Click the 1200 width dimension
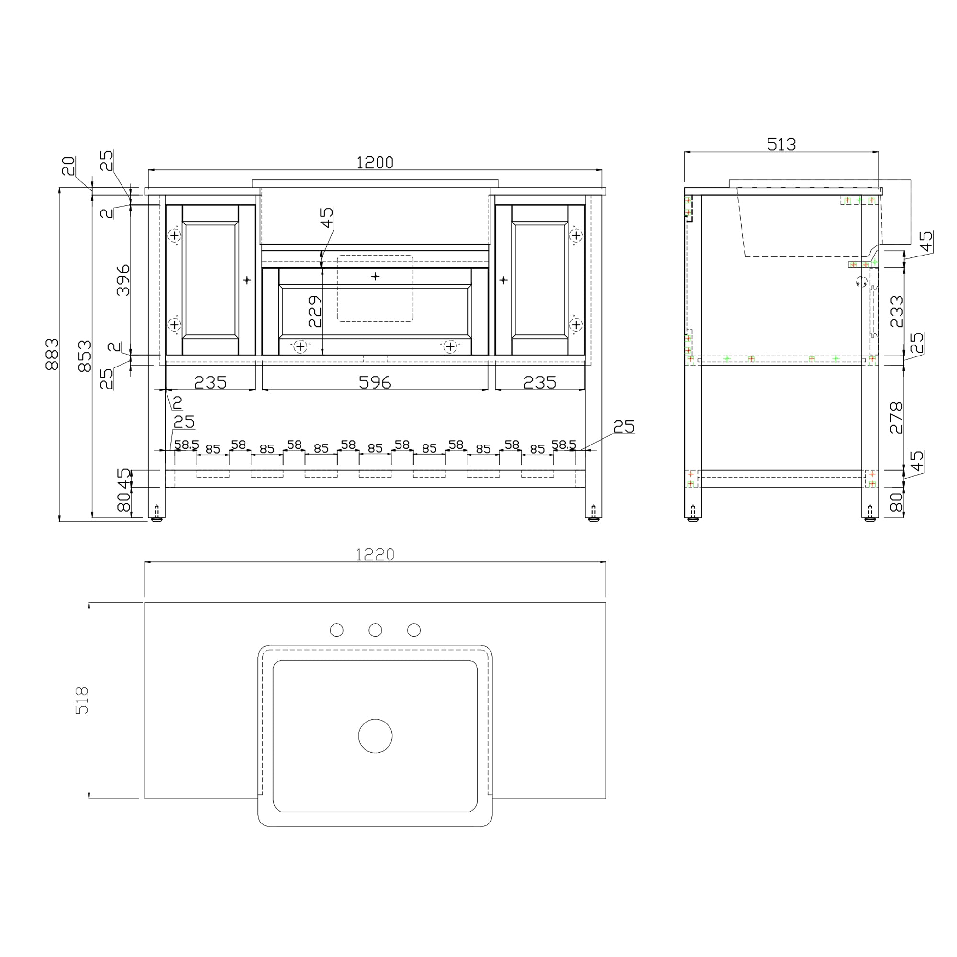click(375, 163)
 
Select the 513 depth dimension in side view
click(781, 144)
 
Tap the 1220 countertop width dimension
click(375, 555)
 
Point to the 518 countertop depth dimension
click(82, 700)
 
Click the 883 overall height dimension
click(52, 354)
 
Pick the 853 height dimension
click(85, 356)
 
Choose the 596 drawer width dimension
click(375, 382)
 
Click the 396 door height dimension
click(123, 280)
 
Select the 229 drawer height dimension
click(315, 312)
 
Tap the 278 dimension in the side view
click(897, 418)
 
